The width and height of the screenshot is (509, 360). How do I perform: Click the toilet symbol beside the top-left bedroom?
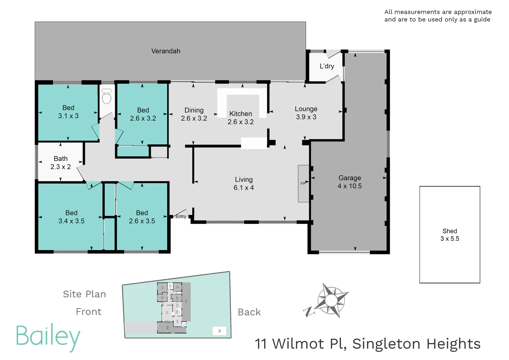pyautogui.click(x=107, y=97)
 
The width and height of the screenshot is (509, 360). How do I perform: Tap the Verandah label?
pyautogui.click(x=166, y=51)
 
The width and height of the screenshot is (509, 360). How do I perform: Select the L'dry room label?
pyautogui.click(x=327, y=66)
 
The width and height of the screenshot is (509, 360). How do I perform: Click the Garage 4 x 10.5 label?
pyautogui.click(x=349, y=182)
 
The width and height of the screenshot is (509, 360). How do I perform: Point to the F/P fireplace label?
pyautogui.click(x=303, y=183)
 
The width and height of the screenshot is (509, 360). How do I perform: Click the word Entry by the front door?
pyautogui.click(x=181, y=216)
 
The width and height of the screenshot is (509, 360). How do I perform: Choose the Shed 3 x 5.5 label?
pyautogui.click(x=450, y=235)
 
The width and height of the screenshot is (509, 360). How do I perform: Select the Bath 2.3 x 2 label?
pyautogui.click(x=61, y=163)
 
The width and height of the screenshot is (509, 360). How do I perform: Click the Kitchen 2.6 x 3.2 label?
pyautogui.click(x=241, y=118)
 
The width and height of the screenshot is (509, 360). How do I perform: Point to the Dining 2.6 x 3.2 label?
pyautogui.click(x=194, y=114)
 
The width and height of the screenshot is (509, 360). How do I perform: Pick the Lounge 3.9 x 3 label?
pyautogui.click(x=306, y=113)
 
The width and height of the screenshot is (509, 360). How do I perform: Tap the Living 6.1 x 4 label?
pyautogui.click(x=244, y=183)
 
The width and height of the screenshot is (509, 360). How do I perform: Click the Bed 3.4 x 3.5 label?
pyautogui.click(x=71, y=217)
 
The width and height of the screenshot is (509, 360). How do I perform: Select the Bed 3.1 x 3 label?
pyautogui.click(x=68, y=112)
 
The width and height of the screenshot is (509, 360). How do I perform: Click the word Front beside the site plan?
pyautogui.click(x=89, y=312)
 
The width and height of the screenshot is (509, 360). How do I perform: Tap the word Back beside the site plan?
pyautogui.click(x=249, y=312)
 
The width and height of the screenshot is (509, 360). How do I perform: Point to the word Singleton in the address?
pyautogui.click(x=386, y=344)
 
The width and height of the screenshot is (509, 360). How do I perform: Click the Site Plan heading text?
pyautogui.click(x=85, y=294)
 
